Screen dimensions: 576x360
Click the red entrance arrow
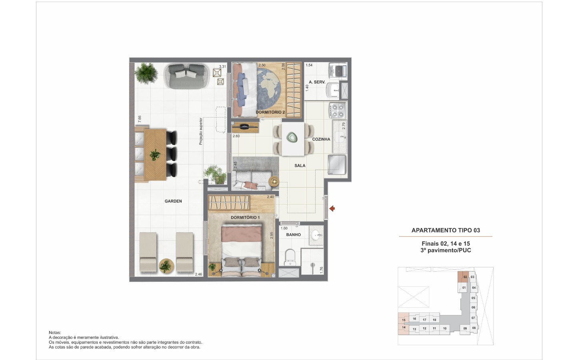coord(332,208)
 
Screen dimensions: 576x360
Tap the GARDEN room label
coord(173,201)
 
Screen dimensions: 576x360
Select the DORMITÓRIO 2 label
coord(270,112)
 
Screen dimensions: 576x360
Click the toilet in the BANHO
coord(290,257)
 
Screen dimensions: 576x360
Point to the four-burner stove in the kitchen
coord(338,110)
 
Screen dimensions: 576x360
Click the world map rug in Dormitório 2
coord(269,88)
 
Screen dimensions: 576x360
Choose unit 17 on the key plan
coord(424,320)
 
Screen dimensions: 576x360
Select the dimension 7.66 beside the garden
coord(140,119)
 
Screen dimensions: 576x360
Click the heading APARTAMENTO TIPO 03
coord(446,230)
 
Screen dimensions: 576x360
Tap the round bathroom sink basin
coord(316,234)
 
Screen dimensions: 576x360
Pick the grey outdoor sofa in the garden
coord(186,76)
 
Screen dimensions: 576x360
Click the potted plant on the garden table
coord(155,155)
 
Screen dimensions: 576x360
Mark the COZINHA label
coord(321,139)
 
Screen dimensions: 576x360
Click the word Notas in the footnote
coord(55,332)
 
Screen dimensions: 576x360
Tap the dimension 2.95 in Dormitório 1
coord(272,235)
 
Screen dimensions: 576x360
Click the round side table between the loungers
coord(166,266)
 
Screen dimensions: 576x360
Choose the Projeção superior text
coord(201,131)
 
